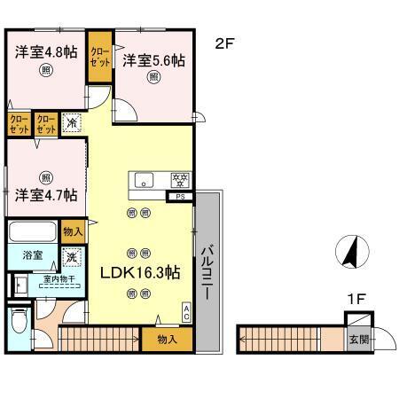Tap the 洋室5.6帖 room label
(153, 60)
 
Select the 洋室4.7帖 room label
(44, 194)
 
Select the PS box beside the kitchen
(181, 196)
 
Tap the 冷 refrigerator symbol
(74, 123)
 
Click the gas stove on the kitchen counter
(180, 180)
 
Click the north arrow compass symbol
(352, 252)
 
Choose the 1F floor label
(357, 299)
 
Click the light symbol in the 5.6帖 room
(153, 78)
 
